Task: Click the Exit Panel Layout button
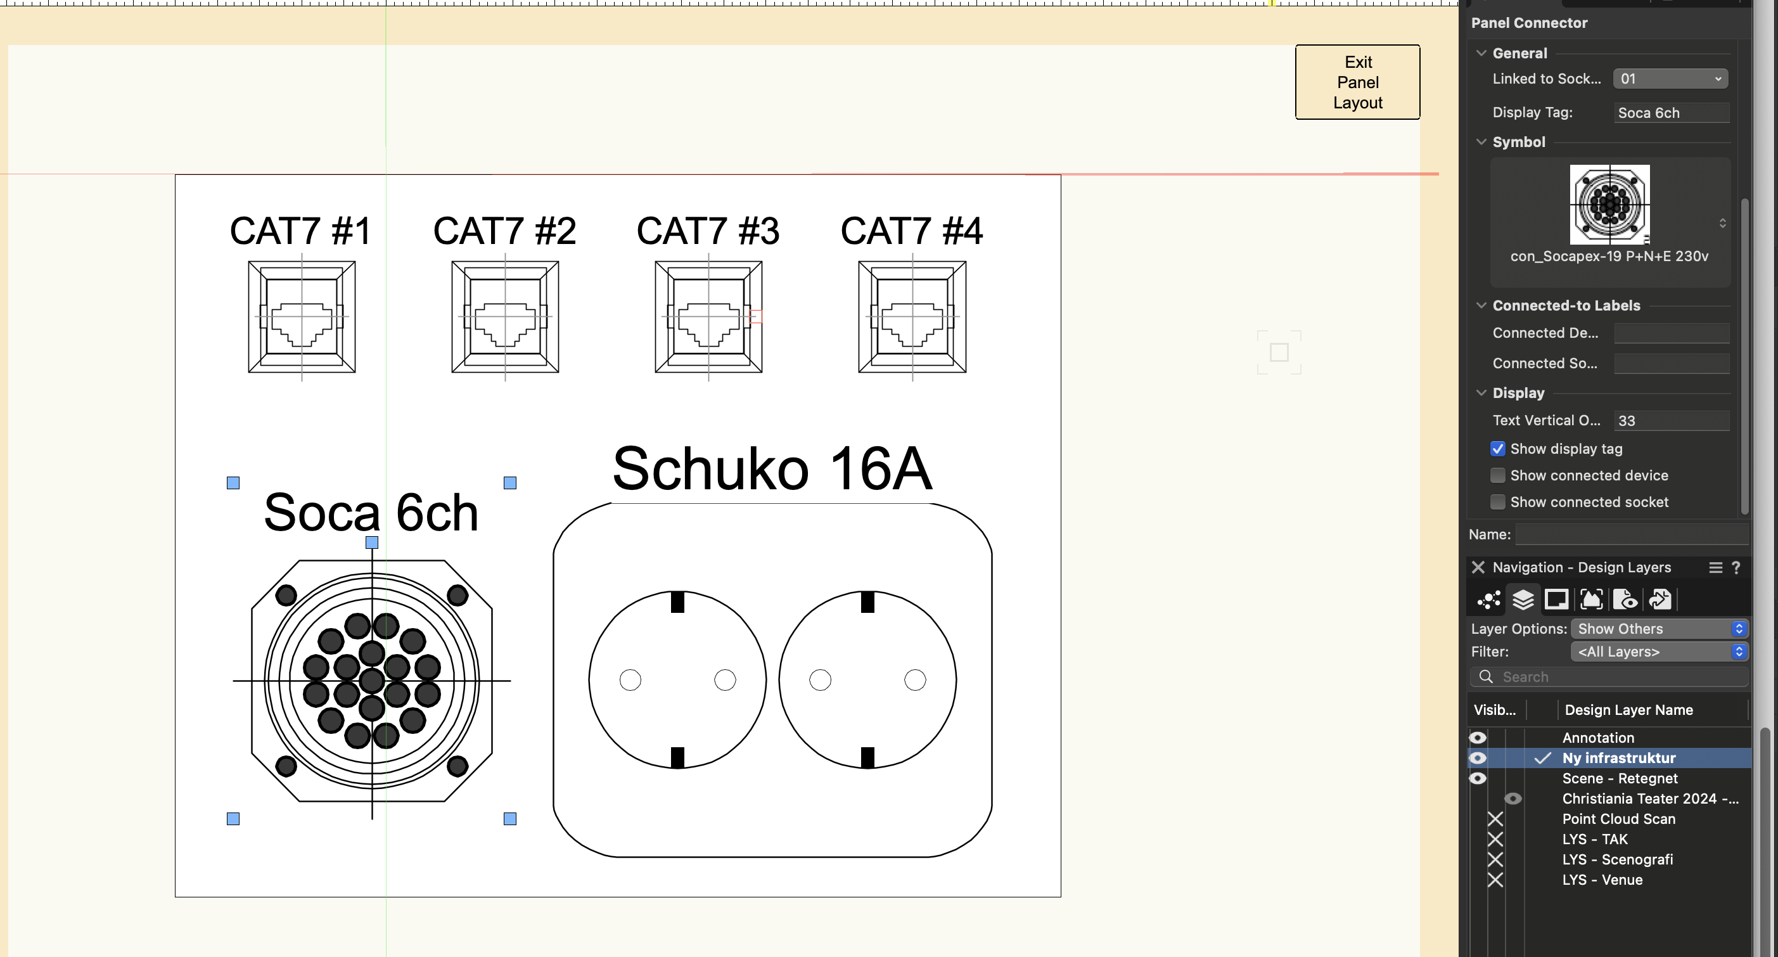pos(1357,82)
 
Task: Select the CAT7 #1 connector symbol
pos(302,317)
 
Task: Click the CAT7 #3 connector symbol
pos(708,317)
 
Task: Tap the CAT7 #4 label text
pos(911,231)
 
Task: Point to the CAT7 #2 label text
pos(504,231)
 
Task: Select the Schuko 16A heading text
pos(772,469)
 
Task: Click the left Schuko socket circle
pos(677,680)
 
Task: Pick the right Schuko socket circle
pos(867,680)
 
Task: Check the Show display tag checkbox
pos(1497,449)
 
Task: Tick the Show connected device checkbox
pos(1497,476)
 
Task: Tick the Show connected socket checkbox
pos(1497,502)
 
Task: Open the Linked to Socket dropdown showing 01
pos(1670,79)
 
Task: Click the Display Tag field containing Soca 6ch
pos(1670,113)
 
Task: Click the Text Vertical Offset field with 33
pos(1670,420)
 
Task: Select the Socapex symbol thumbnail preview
pos(1609,204)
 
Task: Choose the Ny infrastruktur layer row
pos(1618,758)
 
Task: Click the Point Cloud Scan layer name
pos(1618,819)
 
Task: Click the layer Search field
pos(1615,678)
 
